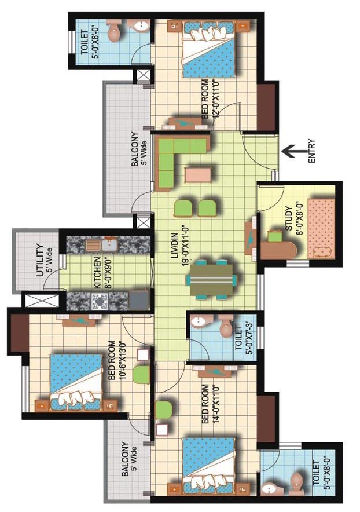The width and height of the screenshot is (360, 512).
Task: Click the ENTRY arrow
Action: coord(293,151)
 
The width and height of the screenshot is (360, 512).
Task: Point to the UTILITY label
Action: coord(40,260)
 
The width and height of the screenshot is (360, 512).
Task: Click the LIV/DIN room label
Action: coord(174,246)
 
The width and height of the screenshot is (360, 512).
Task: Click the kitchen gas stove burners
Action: coord(100,301)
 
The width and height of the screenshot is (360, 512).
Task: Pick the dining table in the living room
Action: coord(211,280)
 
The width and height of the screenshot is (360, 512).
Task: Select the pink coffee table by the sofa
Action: coord(198,174)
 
